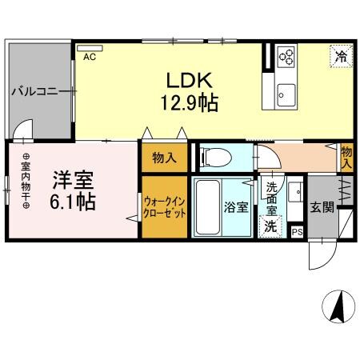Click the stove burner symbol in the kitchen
click(286, 56)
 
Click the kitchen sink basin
click(286, 95)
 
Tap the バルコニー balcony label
click(35, 93)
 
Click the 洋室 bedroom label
click(72, 178)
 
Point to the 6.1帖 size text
click(72, 201)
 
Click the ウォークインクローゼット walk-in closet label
click(165, 209)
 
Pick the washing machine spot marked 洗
click(273, 226)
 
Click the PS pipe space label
click(297, 233)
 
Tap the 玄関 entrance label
click(323, 206)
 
